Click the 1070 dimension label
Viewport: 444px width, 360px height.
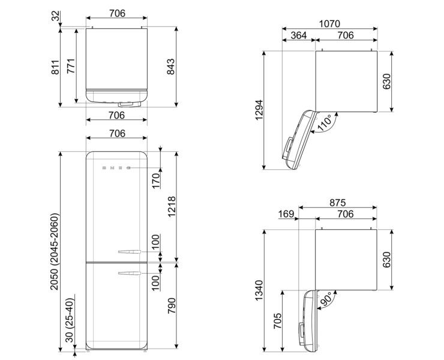(329, 24)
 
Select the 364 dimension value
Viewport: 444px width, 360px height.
(299, 35)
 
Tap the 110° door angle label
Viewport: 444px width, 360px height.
(325, 122)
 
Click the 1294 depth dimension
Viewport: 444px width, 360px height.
(259, 110)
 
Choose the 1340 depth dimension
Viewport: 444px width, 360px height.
(259, 290)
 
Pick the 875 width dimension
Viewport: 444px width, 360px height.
(338, 203)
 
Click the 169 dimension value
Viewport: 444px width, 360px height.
(286, 214)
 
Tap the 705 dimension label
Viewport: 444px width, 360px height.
(278, 320)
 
